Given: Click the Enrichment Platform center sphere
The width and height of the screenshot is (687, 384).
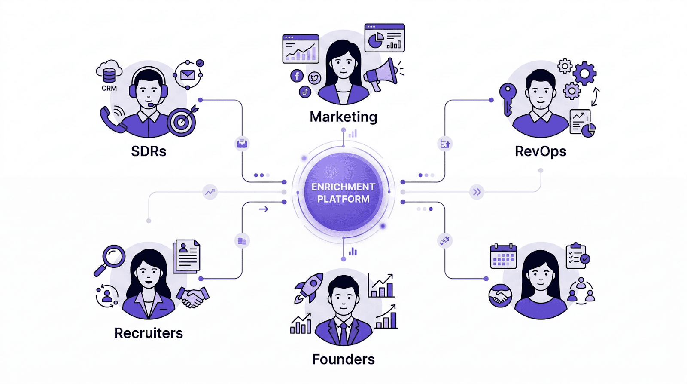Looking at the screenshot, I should (343, 193).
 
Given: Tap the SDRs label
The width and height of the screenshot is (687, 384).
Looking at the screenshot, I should (149, 151).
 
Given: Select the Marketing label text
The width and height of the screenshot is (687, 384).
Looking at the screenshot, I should (343, 117).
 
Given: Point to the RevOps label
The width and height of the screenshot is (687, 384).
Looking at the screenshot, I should (541, 151).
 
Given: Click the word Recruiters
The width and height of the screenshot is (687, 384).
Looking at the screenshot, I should (149, 333).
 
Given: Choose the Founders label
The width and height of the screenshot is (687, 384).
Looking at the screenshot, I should (343, 359).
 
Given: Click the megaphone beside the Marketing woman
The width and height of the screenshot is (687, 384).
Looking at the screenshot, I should (381, 74).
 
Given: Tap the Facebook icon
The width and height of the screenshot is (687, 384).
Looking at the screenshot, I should (297, 76).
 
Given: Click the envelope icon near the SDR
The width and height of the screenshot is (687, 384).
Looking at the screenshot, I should (188, 75).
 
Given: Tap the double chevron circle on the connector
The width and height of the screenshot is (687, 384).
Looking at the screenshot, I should (477, 192).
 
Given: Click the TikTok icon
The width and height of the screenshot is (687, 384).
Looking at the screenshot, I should (305, 92).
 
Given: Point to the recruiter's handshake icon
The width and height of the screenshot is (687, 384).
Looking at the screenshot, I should (192, 297).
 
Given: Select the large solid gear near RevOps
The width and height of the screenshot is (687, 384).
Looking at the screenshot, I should (584, 73).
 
